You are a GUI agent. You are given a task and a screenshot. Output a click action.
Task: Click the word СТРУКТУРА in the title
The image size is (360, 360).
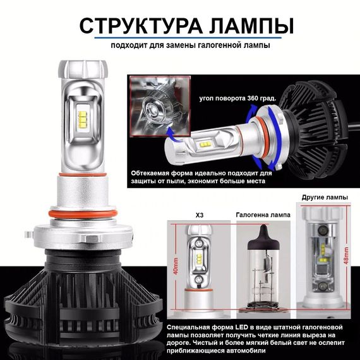(141, 26)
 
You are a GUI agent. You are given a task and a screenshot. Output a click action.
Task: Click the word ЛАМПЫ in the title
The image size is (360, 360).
(251, 26)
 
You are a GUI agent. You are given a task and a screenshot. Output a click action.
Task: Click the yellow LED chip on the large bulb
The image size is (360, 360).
(83, 119)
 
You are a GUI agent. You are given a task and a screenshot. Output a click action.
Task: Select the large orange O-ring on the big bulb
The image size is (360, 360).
(83, 214)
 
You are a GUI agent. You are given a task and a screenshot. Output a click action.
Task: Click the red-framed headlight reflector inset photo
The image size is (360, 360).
(160, 106)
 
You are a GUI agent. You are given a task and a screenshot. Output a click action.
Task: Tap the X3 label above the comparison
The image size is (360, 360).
(200, 215)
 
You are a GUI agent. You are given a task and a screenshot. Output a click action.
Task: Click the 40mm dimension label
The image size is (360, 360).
(176, 266)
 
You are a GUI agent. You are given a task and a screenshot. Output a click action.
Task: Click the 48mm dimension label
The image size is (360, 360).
(346, 256)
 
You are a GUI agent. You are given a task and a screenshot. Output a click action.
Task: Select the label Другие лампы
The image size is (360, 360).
(325, 198)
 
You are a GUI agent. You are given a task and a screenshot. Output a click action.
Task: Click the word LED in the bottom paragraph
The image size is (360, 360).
(241, 327)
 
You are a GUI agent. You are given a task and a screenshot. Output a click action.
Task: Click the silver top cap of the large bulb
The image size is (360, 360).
(83, 69)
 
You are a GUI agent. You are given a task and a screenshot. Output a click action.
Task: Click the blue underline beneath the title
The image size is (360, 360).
(188, 38)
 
